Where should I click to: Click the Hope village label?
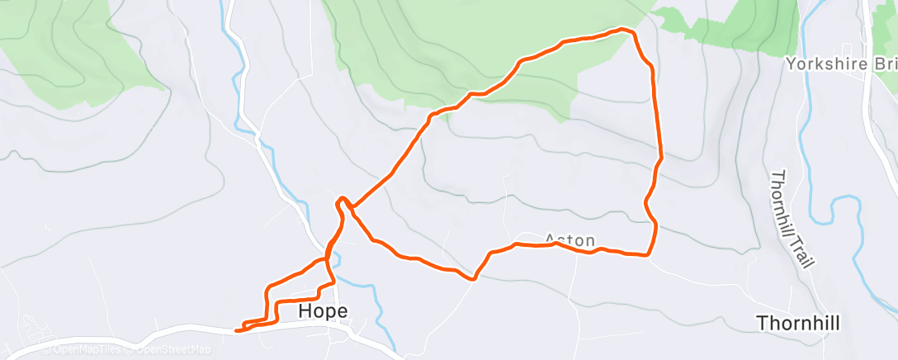tap(323, 311)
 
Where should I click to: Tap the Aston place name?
tap(570, 240)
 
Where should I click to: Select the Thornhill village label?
tap(797, 324)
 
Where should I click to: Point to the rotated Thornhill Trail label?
tap(792, 219)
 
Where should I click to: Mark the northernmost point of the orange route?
tap(623, 30)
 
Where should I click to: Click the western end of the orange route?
tap(237, 330)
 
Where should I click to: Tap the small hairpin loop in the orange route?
tap(342, 201)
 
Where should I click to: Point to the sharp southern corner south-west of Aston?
tap(473, 279)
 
